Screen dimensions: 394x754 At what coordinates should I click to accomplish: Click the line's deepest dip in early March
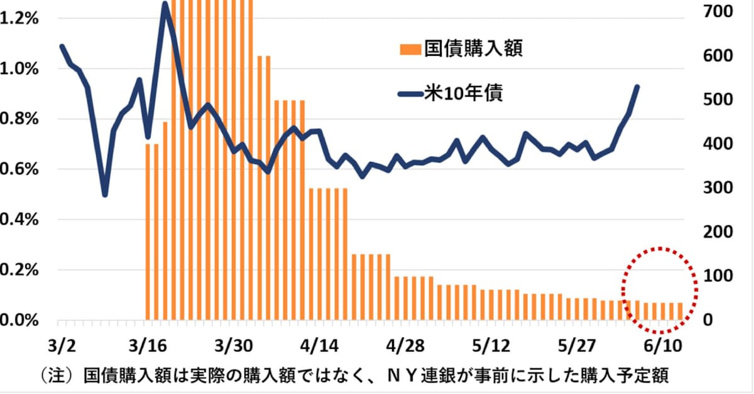pyautogui.click(x=105, y=194)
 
